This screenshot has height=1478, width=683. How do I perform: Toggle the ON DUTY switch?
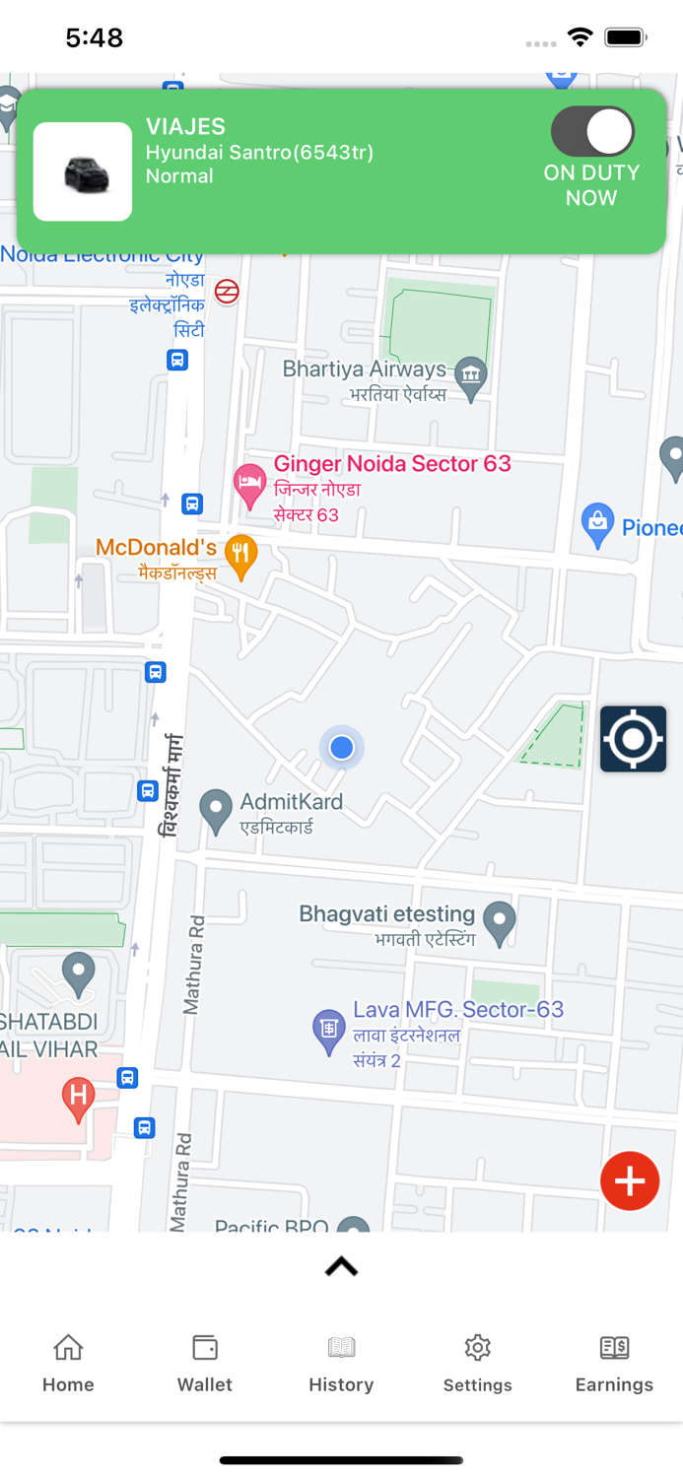tap(592, 132)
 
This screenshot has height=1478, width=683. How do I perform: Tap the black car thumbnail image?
tap(83, 172)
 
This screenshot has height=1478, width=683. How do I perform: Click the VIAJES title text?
tap(185, 126)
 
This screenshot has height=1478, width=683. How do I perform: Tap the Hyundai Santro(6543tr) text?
tap(259, 153)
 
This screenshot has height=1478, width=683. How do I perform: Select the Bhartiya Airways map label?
tap(364, 369)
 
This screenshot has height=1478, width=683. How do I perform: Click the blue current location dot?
tap(342, 748)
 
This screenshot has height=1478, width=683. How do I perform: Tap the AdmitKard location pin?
tap(216, 810)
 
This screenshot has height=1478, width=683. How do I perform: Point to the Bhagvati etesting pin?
tap(500, 922)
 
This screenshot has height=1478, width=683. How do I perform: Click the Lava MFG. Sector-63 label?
tap(458, 1010)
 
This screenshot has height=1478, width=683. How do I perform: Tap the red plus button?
tap(630, 1180)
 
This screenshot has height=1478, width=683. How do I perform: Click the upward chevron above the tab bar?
tap(341, 1267)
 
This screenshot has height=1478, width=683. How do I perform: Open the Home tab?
tap(68, 1363)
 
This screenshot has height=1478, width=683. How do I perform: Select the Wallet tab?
tap(205, 1363)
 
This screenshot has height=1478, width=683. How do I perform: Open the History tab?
tap(341, 1363)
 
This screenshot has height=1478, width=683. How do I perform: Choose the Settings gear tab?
tap(478, 1363)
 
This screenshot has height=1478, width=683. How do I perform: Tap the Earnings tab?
tap(614, 1363)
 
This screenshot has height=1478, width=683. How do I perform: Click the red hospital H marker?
tap(78, 1097)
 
